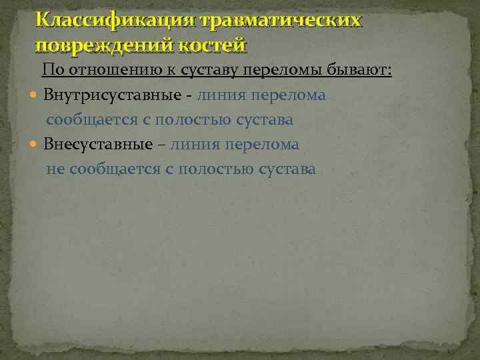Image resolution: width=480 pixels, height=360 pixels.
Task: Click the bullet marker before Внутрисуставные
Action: (x=35, y=96)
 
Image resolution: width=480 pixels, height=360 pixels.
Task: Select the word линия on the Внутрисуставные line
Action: (x=221, y=95)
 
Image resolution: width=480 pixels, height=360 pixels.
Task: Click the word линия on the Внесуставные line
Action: (x=195, y=145)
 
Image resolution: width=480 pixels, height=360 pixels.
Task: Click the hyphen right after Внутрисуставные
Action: (x=190, y=96)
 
